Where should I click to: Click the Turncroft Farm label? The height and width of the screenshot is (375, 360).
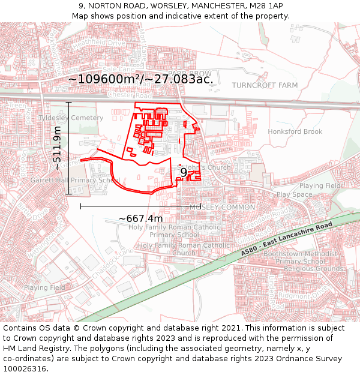(265, 85)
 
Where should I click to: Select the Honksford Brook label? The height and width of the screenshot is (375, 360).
(295, 131)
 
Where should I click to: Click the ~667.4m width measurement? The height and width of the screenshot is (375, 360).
(140, 218)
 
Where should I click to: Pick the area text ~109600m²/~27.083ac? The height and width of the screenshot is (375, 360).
(140, 79)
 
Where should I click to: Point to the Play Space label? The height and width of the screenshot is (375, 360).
(294, 195)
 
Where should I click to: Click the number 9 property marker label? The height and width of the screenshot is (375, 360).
(184, 172)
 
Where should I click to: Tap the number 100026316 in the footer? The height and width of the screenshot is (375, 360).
(25, 368)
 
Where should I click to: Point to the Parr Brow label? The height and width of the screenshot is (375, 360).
(190, 73)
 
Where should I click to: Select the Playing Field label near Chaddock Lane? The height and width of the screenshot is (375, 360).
(44, 287)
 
